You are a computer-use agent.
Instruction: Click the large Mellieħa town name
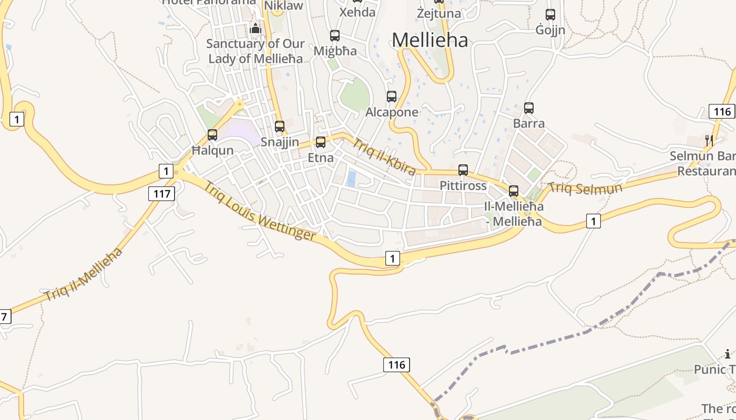430,40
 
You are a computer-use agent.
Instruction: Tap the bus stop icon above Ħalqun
212,135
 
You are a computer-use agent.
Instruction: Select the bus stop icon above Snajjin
280,127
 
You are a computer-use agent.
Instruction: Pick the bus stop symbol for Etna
321,142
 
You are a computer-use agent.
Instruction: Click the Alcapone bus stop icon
392,97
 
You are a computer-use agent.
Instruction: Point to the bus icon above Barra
529,108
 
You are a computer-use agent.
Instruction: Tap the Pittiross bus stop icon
463,170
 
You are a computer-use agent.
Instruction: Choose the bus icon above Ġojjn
550,15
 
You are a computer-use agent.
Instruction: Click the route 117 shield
161,194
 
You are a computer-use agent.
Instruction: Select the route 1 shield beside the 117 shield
166,171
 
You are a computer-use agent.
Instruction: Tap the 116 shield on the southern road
396,364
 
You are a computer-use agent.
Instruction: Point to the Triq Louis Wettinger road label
260,211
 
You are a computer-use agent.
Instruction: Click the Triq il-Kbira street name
384,156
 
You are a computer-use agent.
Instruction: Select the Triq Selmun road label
585,188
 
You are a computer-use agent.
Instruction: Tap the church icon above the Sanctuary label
256,28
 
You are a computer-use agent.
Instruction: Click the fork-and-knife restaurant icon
709,140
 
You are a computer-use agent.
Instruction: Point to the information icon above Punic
728,354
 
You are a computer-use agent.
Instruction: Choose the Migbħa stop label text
335,51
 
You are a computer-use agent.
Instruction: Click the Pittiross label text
463,186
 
